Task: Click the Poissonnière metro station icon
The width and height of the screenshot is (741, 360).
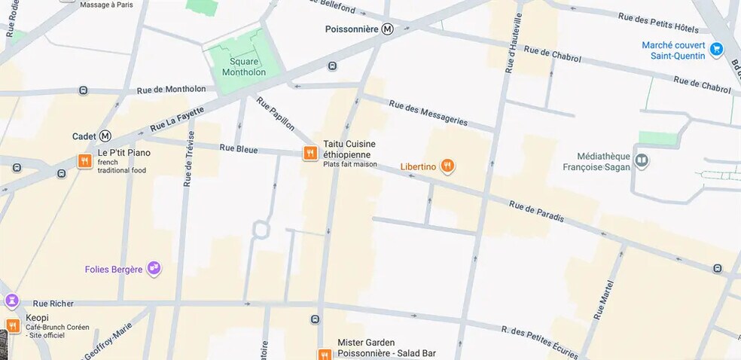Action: coord(387,29)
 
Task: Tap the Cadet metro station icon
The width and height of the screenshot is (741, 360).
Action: coord(105,136)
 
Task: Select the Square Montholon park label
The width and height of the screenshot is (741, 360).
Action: coord(243,67)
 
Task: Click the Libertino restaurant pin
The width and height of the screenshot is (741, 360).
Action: coord(447,166)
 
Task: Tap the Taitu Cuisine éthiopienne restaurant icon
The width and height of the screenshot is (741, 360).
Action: coord(310,153)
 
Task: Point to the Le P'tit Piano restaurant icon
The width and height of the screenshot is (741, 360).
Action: coord(84,160)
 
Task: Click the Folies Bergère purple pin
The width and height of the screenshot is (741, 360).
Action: coord(154,267)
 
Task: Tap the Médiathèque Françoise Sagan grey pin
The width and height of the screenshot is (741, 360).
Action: coord(642,160)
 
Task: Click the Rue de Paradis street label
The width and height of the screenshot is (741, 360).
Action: coord(536,211)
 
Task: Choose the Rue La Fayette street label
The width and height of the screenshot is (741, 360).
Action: coord(177,118)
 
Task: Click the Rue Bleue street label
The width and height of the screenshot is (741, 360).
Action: coord(238,148)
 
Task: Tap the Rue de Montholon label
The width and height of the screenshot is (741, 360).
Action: coord(171,90)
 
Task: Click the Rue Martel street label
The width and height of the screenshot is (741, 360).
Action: coord(602,300)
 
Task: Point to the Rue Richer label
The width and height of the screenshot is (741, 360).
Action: coord(52,304)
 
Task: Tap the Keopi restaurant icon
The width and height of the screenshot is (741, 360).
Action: coord(12,326)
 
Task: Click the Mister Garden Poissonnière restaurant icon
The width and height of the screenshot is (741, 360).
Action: coord(324,354)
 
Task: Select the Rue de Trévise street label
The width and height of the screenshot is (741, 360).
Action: coord(188,159)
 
